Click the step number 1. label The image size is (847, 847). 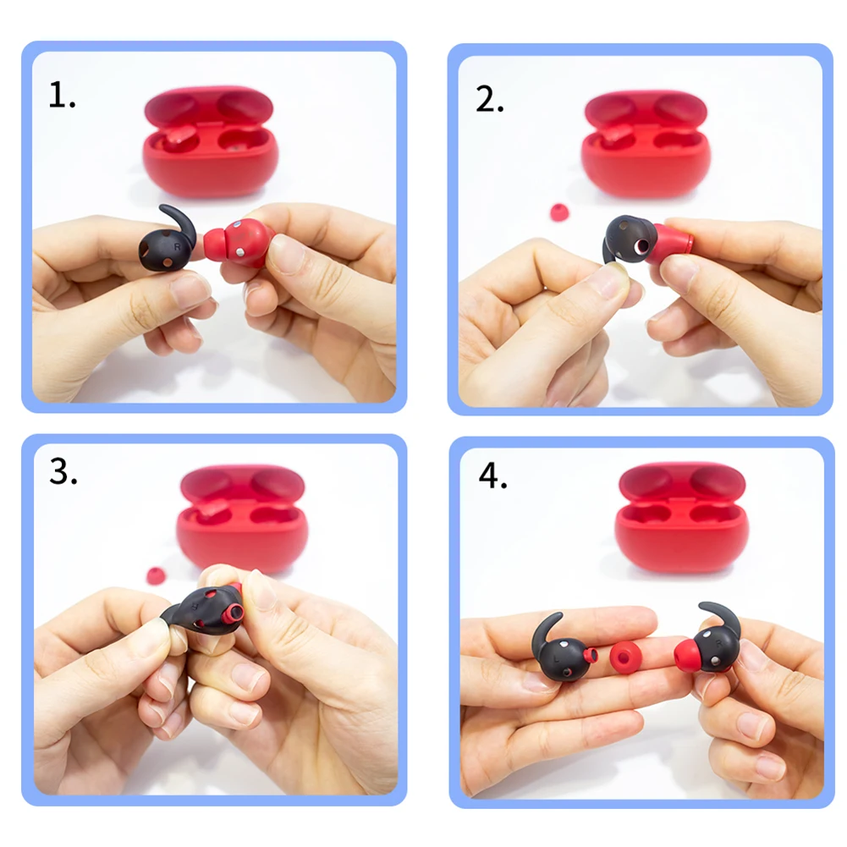(62, 96)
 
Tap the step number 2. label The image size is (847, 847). (490, 100)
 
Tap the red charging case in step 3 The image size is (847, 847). (242, 518)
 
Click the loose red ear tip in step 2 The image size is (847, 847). (559, 212)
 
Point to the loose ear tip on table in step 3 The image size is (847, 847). (156, 576)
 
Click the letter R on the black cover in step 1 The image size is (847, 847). (177, 247)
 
